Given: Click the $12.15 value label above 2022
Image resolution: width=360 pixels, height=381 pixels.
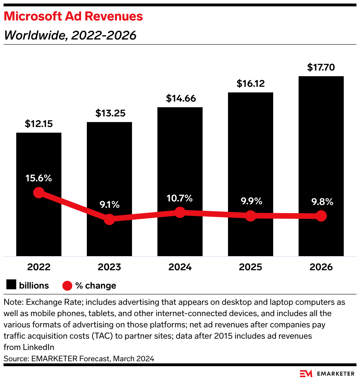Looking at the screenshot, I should tap(39, 124).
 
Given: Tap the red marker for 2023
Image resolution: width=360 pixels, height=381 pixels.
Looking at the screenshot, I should tap(109, 219).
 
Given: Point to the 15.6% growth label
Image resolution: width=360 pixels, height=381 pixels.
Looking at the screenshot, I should tap(39, 178).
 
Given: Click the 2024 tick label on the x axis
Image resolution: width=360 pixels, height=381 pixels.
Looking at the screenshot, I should tap(180, 267).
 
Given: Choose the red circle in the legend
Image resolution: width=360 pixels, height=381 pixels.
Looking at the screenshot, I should tap(67, 285).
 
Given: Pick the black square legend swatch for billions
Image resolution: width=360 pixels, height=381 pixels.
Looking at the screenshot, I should tap(12, 285).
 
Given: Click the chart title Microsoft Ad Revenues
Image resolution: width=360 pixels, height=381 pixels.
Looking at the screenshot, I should tap(73, 17).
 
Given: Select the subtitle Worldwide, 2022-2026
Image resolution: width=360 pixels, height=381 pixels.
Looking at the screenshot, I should tap(70, 35).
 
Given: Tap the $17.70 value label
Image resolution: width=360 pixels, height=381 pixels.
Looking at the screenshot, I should tap(321, 67).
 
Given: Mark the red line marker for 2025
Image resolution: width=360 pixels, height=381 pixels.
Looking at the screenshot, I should tap(250, 216).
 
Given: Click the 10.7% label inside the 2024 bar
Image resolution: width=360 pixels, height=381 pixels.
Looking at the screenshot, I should tap(180, 198).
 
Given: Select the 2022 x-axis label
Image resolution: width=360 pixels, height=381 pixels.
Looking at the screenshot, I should tap(39, 267).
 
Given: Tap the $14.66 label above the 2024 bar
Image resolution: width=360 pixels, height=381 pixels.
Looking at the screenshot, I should tap(180, 98).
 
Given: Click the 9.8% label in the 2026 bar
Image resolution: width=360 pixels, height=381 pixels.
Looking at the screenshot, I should tap(321, 202).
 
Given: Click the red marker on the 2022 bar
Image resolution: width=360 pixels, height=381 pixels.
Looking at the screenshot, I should tap(38, 193).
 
